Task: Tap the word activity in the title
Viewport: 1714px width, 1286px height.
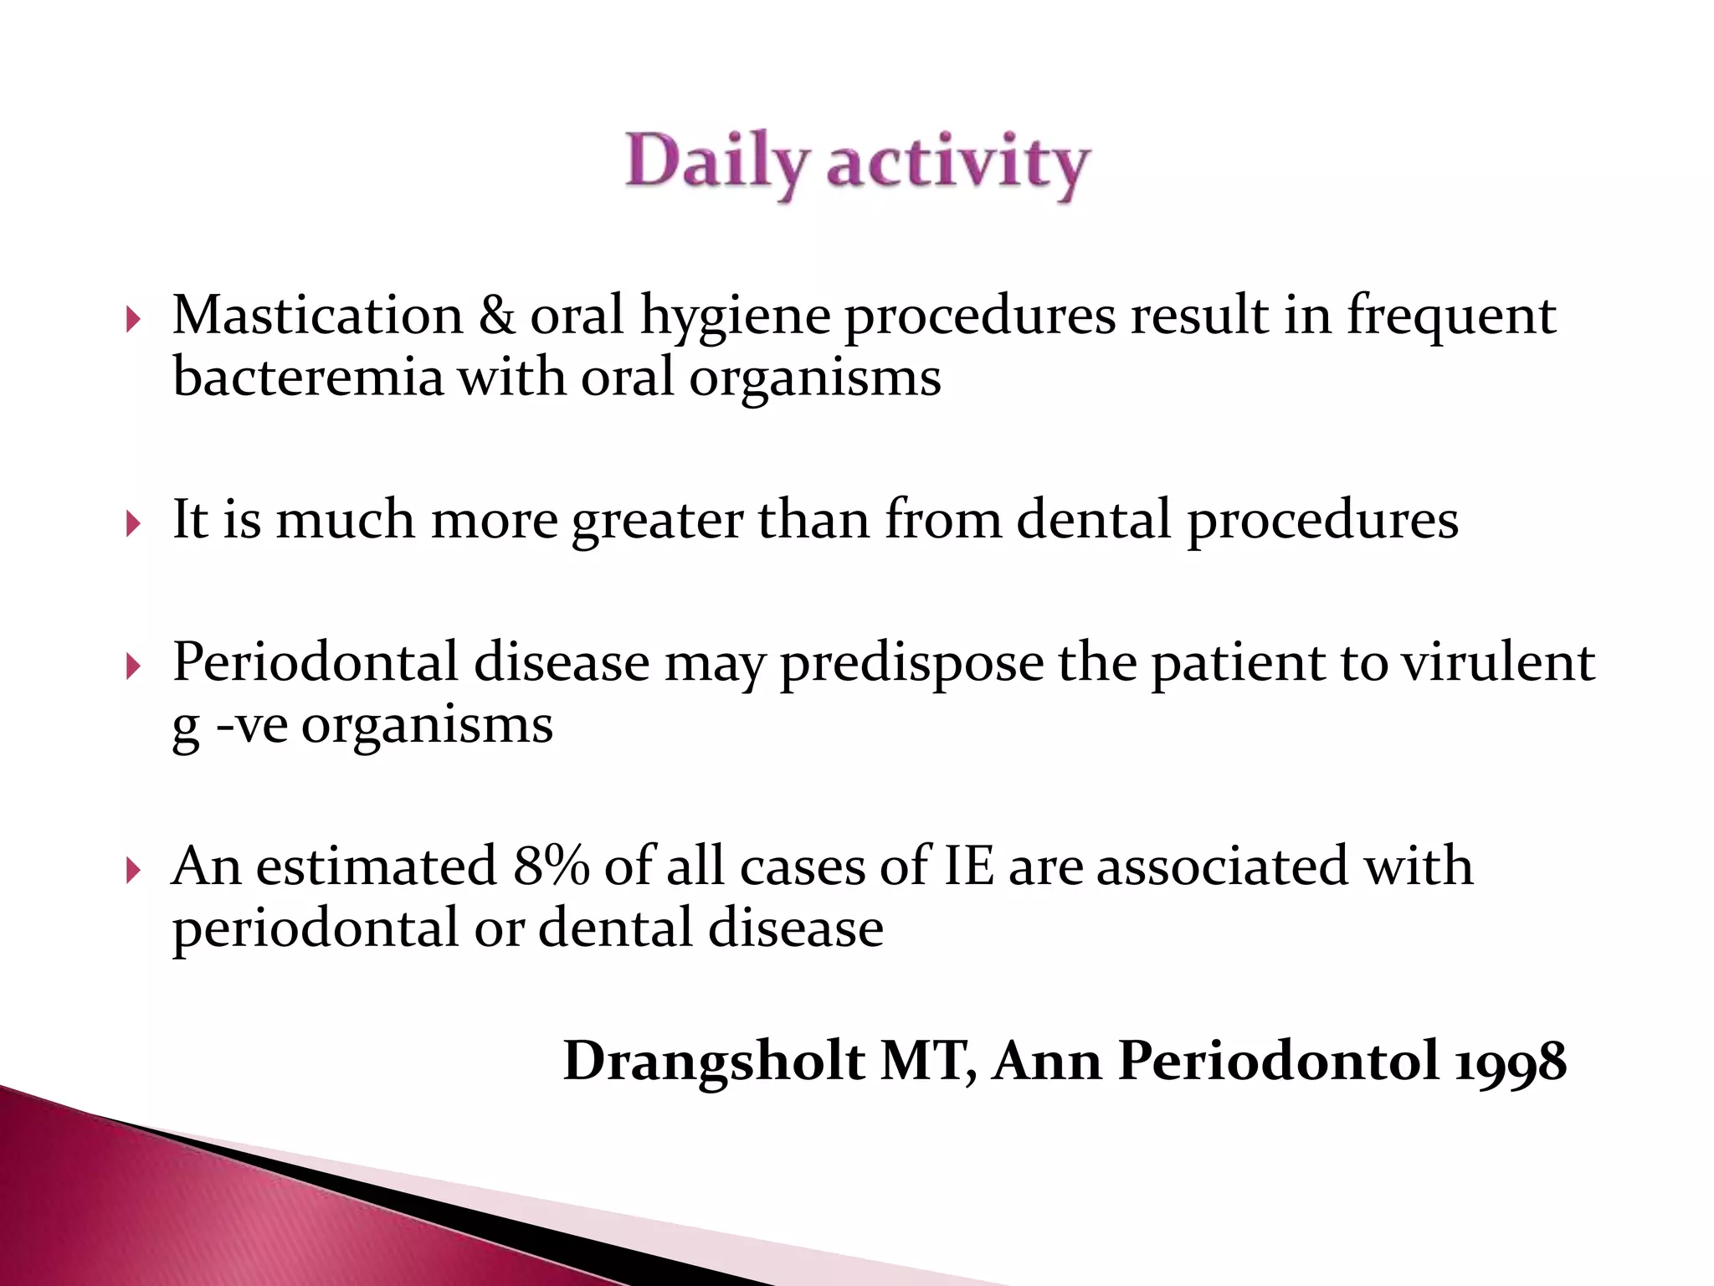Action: point(957,163)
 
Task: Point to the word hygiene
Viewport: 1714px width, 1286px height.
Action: point(736,318)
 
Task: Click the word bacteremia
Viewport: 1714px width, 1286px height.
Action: point(308,378)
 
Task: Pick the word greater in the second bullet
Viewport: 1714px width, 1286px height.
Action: point(657,521)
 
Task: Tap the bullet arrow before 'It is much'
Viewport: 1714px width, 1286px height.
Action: point(132,524)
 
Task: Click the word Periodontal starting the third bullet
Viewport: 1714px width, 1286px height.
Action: point(316,663)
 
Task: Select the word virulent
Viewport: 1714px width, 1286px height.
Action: point(1498,663)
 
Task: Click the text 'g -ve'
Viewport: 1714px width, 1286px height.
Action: point(229,725)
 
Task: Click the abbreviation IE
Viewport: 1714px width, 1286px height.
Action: point(968,866)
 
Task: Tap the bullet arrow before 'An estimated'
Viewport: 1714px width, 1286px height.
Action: point(132,871)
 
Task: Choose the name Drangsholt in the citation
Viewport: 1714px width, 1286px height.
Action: point(714,1062)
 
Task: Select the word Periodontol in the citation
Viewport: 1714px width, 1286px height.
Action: point(1278,1062)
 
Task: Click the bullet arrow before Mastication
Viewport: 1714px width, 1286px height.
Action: point(132,319)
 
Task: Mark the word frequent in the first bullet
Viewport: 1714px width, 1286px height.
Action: point(1450,318)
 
